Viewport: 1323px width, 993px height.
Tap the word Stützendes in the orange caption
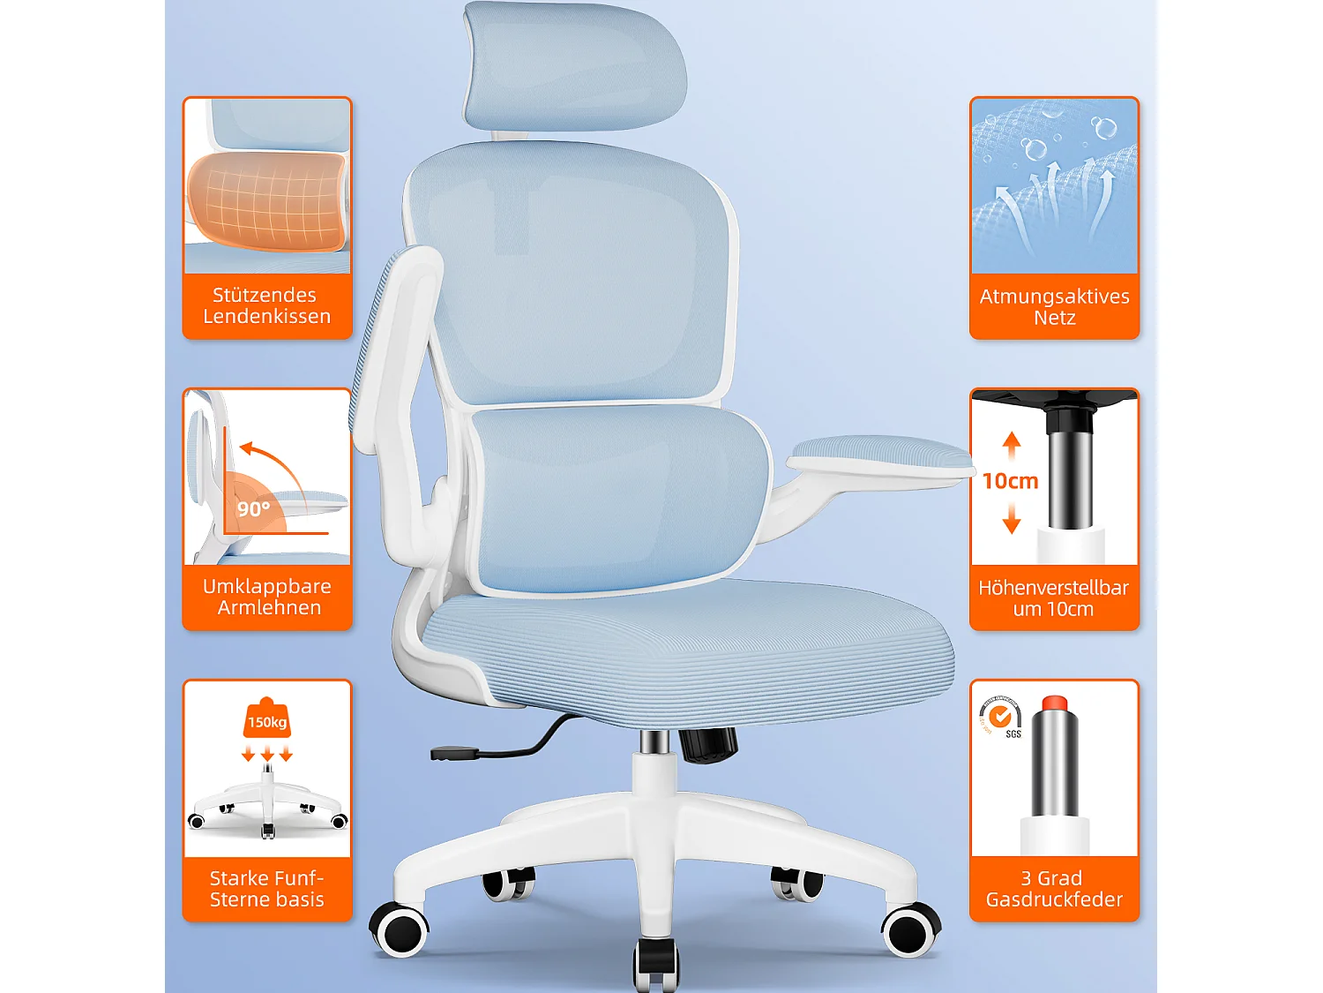265,295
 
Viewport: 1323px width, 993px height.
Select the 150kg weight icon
267,719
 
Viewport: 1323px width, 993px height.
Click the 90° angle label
253,508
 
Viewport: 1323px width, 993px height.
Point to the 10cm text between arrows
1010,481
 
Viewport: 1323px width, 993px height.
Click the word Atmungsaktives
1054,297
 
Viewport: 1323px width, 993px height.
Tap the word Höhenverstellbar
1053,588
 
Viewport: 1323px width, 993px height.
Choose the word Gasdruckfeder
1054,899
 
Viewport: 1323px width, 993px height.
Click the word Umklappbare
266,586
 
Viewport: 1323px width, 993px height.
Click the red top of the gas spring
1054,703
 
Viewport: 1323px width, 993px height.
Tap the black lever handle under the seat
453,754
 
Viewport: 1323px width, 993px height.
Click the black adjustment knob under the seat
709,743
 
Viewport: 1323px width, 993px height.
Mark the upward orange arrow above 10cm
1012,444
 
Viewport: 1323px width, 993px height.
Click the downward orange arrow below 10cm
1012,519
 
